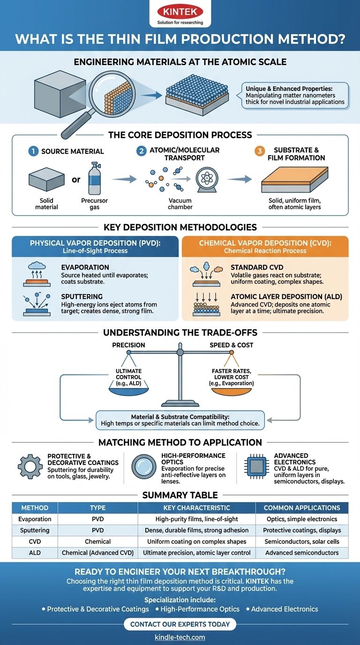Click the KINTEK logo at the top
click(180, 12)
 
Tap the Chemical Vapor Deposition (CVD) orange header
click(265, 247)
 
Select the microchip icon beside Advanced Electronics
click(256, 467)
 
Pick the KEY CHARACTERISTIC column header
click(196, 508)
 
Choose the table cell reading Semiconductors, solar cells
click(301, 541)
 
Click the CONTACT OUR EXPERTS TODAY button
click(180, 624)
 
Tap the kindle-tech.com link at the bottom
click(180, 637)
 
